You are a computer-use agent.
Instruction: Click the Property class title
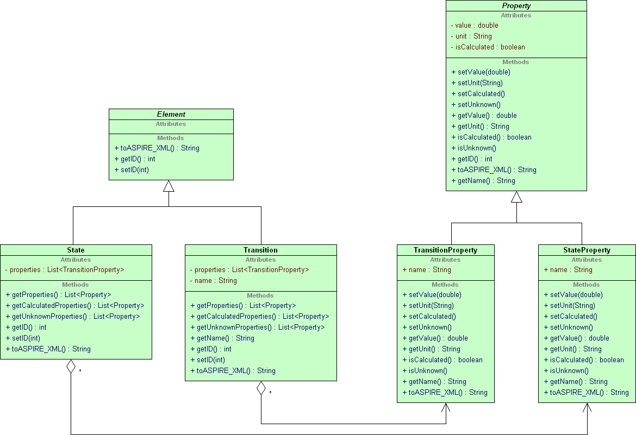tap(516, 5)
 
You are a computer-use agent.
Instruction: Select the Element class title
tap(171, 115)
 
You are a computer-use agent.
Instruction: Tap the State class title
tap(76, 250)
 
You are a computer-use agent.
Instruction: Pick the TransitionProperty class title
tap(445, 250)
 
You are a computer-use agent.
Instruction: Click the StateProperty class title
tap(587, 250)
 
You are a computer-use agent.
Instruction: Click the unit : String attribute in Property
tap(471, 36)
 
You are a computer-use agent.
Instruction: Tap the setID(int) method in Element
tap(132, 170)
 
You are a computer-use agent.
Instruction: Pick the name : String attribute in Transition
tap(213, 281)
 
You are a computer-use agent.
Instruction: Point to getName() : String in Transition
tap(222, 338)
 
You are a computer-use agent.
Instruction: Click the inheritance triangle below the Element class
tap(169, 186)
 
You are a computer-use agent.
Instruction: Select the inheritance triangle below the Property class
tap(516, 197)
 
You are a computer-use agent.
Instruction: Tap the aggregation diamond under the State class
tap(71, 367)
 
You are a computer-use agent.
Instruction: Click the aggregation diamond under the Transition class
tap(261, 388)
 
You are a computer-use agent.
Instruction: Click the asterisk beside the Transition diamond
tap(271, 393)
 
